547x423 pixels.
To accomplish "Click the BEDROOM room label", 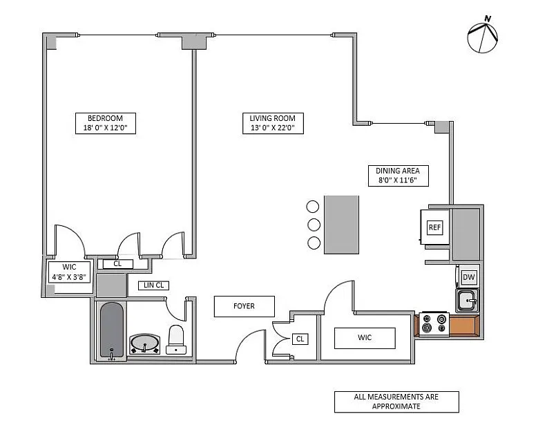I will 102,117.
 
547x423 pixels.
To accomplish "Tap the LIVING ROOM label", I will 272,118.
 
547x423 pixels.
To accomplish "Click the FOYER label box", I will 244,306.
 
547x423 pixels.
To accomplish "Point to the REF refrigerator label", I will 434,227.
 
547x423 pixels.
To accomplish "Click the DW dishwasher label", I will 469,278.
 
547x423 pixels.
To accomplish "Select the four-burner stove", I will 434,323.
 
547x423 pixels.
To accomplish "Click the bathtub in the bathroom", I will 111,330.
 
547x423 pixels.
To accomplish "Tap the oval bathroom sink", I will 145,343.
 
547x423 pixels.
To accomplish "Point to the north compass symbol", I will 482,37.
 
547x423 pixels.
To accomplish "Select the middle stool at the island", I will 314,225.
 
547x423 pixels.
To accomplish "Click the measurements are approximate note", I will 396,402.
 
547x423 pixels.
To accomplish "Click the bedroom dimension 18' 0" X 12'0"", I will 102,127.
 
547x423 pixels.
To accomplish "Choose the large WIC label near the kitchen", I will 365,338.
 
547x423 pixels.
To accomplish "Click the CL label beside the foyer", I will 300,339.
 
